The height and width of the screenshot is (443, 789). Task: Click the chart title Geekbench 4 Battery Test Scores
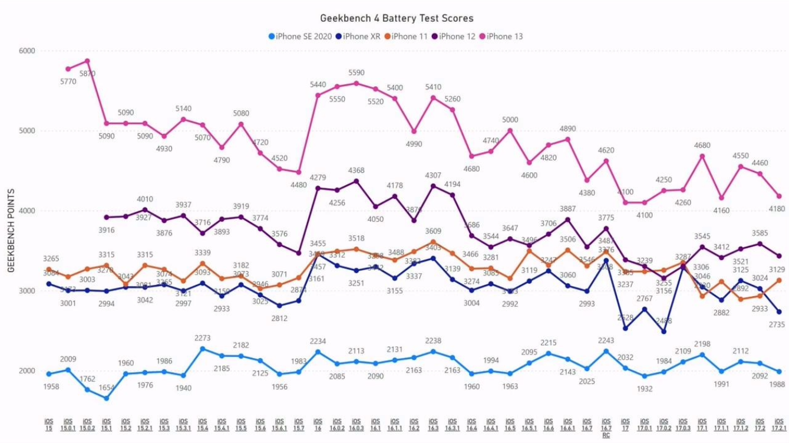(397, 19)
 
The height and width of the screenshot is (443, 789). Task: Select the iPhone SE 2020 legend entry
(301, 37)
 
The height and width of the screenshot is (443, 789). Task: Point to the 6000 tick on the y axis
(27, 51)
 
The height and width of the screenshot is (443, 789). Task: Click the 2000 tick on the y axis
(27, 371)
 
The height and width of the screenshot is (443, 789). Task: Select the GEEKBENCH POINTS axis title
(11, 231)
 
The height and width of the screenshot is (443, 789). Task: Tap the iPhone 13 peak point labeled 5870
(87, 61)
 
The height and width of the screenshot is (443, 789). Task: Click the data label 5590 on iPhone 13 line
(356, 73)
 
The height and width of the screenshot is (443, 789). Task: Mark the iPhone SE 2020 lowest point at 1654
(106, 398)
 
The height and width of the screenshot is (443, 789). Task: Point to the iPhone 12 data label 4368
(356, 171)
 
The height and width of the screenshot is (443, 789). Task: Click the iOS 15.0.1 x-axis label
(68, 425)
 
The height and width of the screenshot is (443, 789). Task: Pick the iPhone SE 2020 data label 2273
(202, 339)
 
